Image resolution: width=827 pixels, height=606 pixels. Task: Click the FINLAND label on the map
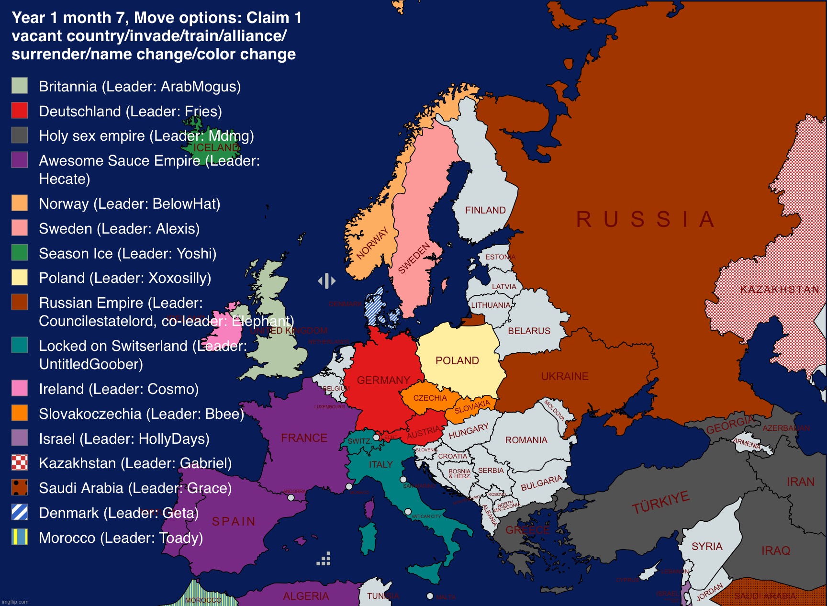click(485, 210)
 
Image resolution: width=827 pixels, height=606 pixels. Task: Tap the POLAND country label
click(457, 360)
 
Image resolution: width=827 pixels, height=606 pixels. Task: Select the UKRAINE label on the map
click(565, 376)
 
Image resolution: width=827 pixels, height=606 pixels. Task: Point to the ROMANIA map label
click(526, 440)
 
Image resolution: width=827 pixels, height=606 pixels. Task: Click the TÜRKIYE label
click(660, 502)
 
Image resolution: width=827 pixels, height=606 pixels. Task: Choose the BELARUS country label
click(529, 331)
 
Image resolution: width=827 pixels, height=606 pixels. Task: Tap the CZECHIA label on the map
click(430, 398)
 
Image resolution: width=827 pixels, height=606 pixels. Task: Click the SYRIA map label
click(706, 546)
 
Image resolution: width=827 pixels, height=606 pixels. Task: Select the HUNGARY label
click(469, 431)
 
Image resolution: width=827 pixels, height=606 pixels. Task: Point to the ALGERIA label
click(306, 596)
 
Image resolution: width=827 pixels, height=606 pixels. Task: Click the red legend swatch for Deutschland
click(20, 111)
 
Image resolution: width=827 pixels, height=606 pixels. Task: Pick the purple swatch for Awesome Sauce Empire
click(20, 160)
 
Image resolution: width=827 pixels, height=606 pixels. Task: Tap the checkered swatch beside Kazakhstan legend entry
click(20, 463)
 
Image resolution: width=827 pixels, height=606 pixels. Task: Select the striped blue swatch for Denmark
click(20, 512)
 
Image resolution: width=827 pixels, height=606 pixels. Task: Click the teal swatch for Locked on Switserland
click(20, 345)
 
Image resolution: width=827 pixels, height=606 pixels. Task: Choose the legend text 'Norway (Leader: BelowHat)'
click(129, 203)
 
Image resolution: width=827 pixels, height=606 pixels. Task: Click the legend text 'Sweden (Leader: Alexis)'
click(119, 228)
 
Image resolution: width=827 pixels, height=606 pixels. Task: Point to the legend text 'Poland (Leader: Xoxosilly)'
click(125, 278)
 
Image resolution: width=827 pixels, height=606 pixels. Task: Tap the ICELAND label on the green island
click(215, 147)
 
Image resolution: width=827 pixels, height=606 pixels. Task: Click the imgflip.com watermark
click(15, 602)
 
